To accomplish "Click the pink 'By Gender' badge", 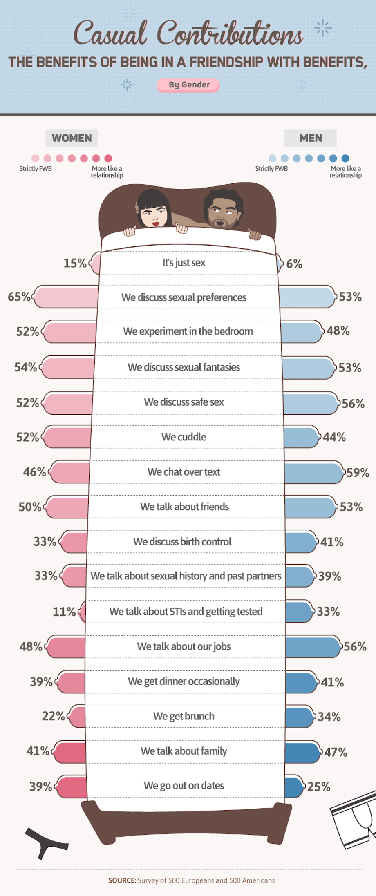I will click(188, 85).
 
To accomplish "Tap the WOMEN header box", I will click(72, 138).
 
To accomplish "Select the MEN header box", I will click(310, 138).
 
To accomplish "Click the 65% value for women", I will click(19, 297).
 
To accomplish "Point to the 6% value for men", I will click(294, 264).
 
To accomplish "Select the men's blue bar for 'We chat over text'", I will click(313, 472).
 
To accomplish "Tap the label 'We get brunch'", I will click(184, 716).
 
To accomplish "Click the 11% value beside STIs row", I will click(64, 612).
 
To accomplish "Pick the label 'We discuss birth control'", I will click(182, 542).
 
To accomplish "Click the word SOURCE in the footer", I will click(122, 880).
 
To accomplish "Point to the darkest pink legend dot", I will click(108, 158).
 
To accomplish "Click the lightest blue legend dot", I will click(272, 158).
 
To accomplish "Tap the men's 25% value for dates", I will click(318, 787).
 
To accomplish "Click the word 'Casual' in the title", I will click(110, 34).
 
